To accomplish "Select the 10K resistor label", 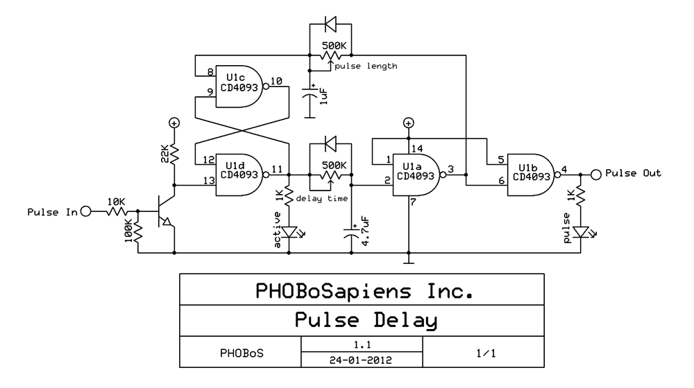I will tap(117, 201).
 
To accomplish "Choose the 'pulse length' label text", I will tap(366, 66).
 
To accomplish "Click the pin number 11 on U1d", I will tap(276, 168).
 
